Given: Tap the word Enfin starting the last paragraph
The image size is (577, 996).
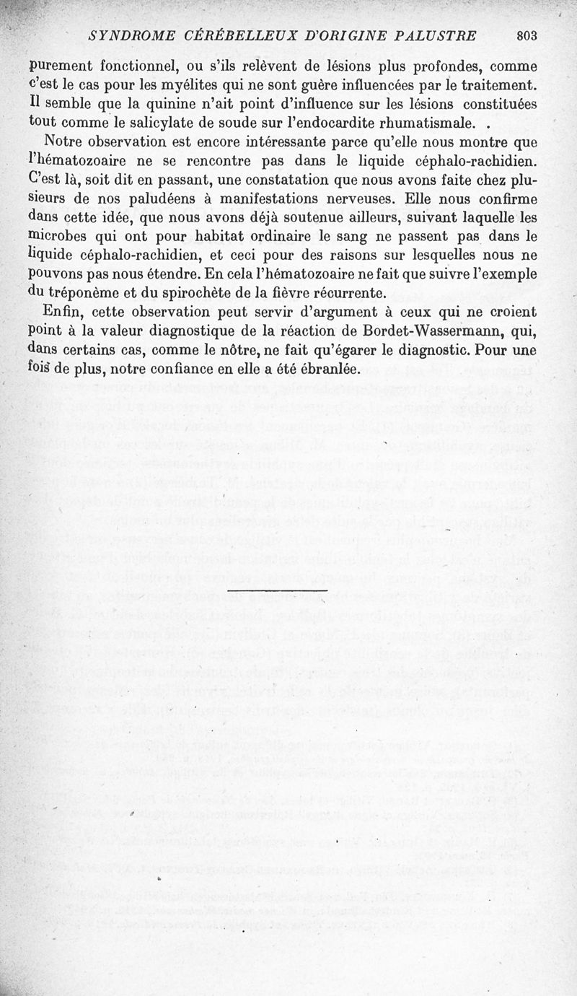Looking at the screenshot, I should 62,311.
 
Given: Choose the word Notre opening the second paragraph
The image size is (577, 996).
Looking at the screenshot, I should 66,139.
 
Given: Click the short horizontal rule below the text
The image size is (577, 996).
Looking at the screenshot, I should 277,591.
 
